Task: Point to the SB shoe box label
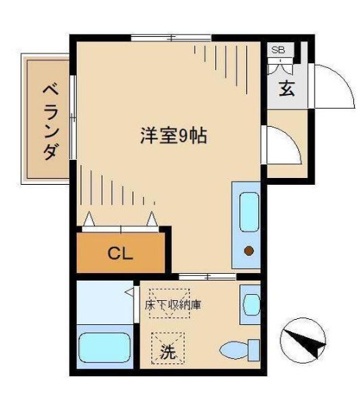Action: coord(278,50)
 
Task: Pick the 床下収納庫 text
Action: coord(173,306)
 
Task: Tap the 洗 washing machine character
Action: coord(168,351)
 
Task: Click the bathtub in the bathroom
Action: coord(106,349)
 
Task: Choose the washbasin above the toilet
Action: coord(250,303)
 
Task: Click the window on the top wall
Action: coord(171,37)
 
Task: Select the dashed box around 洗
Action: coord(168,348)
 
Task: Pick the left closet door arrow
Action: coord(90,219)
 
